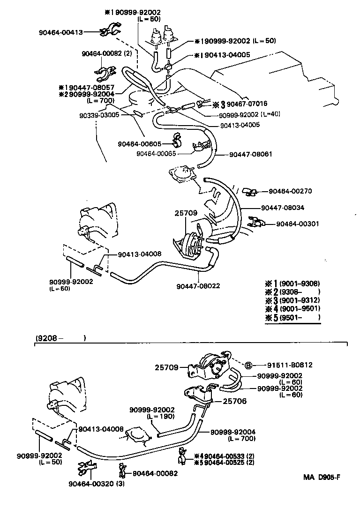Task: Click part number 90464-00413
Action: pyautogui.click(x=60, y=32)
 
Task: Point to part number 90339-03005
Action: pyautogui.click(x=99, y=114)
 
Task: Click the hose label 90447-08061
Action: pyautogui.click(x=251, y=154)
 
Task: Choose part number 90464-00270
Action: pyautogui.click(x=290, y=191)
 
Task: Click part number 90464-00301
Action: pyautogui.click(x=297, y=224)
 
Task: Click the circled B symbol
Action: pyautogui.click(x=249, y=365)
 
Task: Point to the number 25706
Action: pyautogui.click(x=235, y=401)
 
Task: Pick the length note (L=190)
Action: pyautogui.click(x=160, y=416)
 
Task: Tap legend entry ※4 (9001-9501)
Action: pyautogui.click(x=292, y=308)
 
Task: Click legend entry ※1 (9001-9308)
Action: pyautogui.click(x=292, y=283)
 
